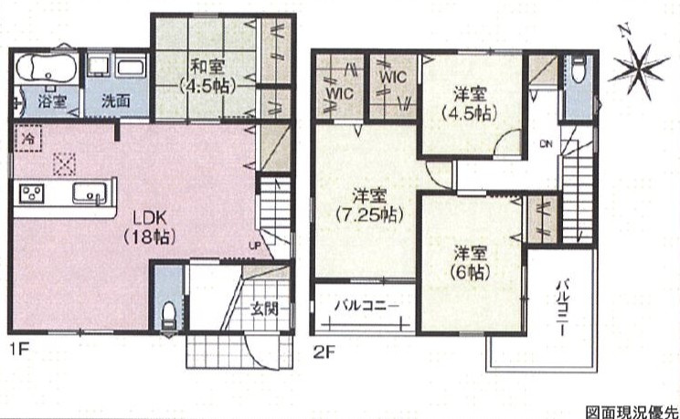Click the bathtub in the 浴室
point(46,68)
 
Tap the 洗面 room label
point(116,101)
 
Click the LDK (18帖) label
point(150,226)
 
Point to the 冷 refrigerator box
point(28,138)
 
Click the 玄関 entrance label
point(264,309)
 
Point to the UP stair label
point(255,246)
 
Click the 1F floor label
point(18,350)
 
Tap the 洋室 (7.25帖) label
point(369,205)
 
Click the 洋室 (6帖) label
point(471,263)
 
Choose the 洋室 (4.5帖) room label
point(471,103)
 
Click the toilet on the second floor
point(579,70)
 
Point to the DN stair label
point(546,144)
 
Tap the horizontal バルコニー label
point(367,306)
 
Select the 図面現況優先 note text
point(632,412)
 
